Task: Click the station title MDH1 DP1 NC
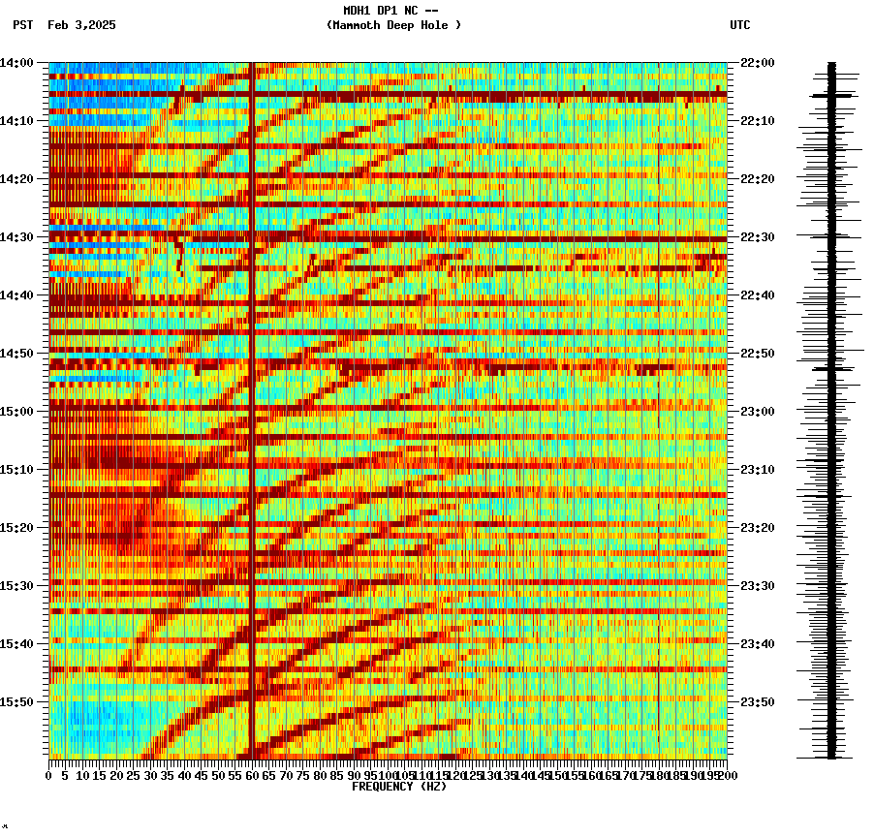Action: point(390,11)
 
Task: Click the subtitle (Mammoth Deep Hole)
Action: point(393,25)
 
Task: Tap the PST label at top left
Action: point(23,25)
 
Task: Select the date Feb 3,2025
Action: point(81,25)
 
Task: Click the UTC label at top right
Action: point(739,25)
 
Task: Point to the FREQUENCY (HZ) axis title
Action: point(399,787)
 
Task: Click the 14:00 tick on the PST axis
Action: point(17,63)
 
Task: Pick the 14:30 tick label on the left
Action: point(17,237)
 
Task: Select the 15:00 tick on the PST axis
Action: point(17,412)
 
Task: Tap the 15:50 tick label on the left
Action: point(17,702)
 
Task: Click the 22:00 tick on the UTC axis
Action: point(758,63)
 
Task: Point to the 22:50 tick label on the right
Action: point(758,354)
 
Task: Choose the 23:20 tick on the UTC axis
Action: point(758,528)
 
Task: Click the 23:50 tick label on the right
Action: point(758,702)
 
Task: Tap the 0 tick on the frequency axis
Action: point(49,775)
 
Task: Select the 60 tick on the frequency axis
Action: point(252,775)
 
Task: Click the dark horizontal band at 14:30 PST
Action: point(388,238)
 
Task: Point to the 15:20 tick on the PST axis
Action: point(17,528)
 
